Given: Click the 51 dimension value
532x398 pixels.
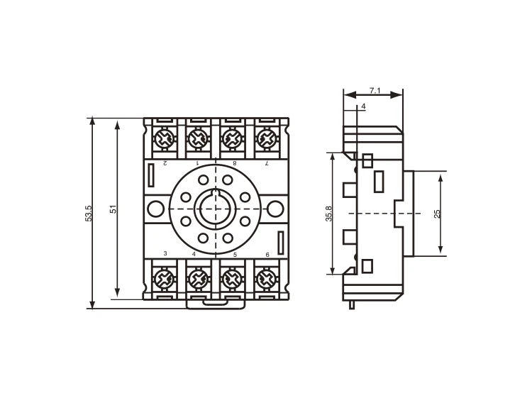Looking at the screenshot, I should (x=113, y=210).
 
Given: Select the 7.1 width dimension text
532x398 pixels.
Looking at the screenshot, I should (x=375, y=90).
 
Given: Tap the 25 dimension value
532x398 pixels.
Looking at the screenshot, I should (x=437, y=213).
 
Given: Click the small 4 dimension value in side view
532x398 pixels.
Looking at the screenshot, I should (x=363, y=106).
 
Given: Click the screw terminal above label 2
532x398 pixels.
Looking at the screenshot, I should (x=164, y=138).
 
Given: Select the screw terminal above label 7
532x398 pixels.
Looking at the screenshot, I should (x=266, y=138).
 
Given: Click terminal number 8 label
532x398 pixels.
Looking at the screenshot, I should (x=234, y=163).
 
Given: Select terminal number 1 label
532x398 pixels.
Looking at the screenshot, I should (x=196, y=163).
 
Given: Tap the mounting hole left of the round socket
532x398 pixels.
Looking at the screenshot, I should (x=155, y=209).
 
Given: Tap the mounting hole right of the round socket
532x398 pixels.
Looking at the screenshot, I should (x=275, y=209).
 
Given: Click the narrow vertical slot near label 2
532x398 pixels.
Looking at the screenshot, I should (x=151, y=175).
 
